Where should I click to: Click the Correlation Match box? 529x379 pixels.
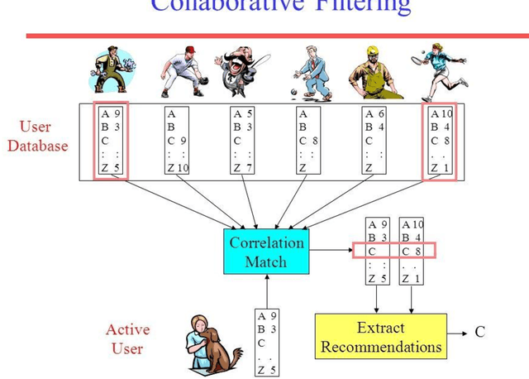266,252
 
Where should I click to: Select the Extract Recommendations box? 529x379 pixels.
381,338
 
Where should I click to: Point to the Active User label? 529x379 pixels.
127,339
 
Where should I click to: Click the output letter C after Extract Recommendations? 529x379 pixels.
480,333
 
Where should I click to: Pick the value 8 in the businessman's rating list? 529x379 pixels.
317,142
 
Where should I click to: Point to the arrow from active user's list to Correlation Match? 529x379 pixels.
266,290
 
